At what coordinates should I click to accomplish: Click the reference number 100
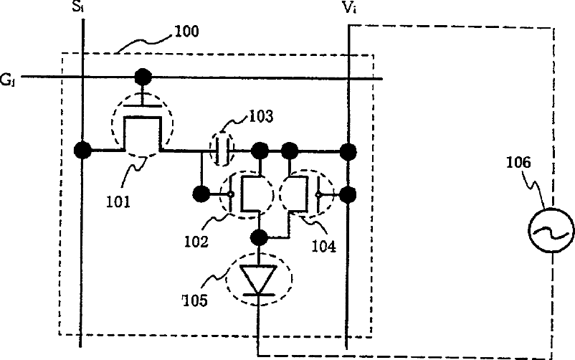pos(186,32)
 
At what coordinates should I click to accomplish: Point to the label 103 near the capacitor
pos(262,117)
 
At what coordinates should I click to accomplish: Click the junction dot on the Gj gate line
pos(143,76)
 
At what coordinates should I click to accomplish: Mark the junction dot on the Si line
pos(82,151)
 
